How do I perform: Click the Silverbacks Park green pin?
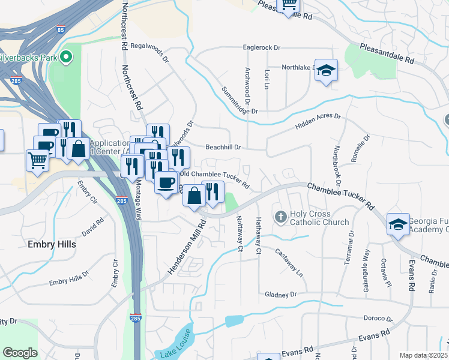pos(67,58)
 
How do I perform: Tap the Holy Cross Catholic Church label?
pos(319,218)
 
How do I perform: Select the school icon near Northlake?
pos(326,71)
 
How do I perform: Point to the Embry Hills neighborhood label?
pos(52,244)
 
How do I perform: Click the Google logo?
pos(20,353)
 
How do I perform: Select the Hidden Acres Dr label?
pos(318,122)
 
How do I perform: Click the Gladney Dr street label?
pos(280,295)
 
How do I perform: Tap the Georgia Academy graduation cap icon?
pos(398,224)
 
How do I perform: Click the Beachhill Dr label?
pos(223,147)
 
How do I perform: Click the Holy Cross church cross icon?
pos(280,216)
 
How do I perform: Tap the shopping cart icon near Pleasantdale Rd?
pos(288,5)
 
